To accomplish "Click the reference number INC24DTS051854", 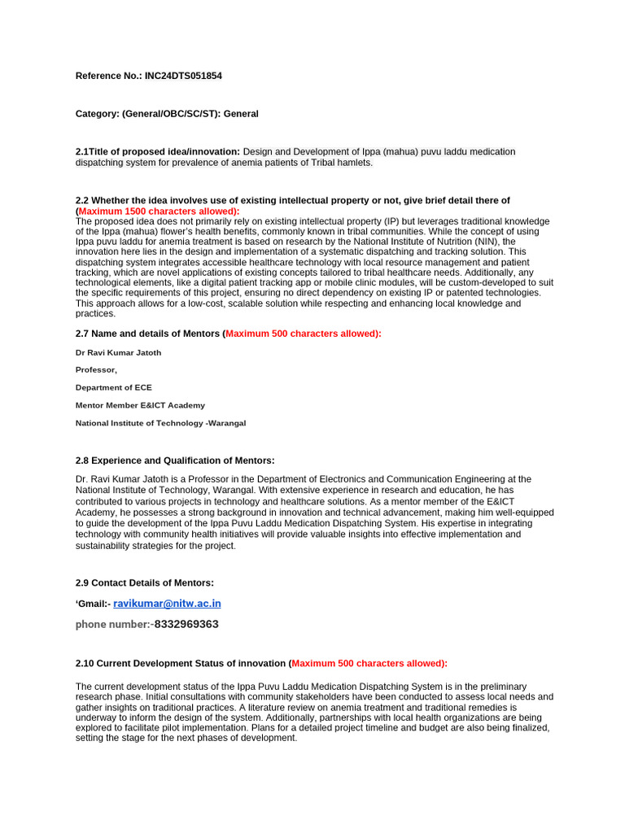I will click(183, 76).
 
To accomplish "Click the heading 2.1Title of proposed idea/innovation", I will click(158, 151).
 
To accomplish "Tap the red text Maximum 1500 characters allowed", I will click(159, 211).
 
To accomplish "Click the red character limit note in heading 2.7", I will click(302, 334).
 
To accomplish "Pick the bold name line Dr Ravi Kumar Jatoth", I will click(118, 352).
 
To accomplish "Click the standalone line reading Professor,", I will click(96, 370).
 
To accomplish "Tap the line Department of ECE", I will click(113, 387).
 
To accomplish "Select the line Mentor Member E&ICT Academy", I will click(140, 405).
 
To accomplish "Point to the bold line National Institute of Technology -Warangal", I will click(160, 423).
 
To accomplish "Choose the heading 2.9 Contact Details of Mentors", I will click(145, 582).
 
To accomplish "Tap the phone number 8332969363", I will click(186, 624).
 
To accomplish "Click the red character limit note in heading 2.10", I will click(369, 663).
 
